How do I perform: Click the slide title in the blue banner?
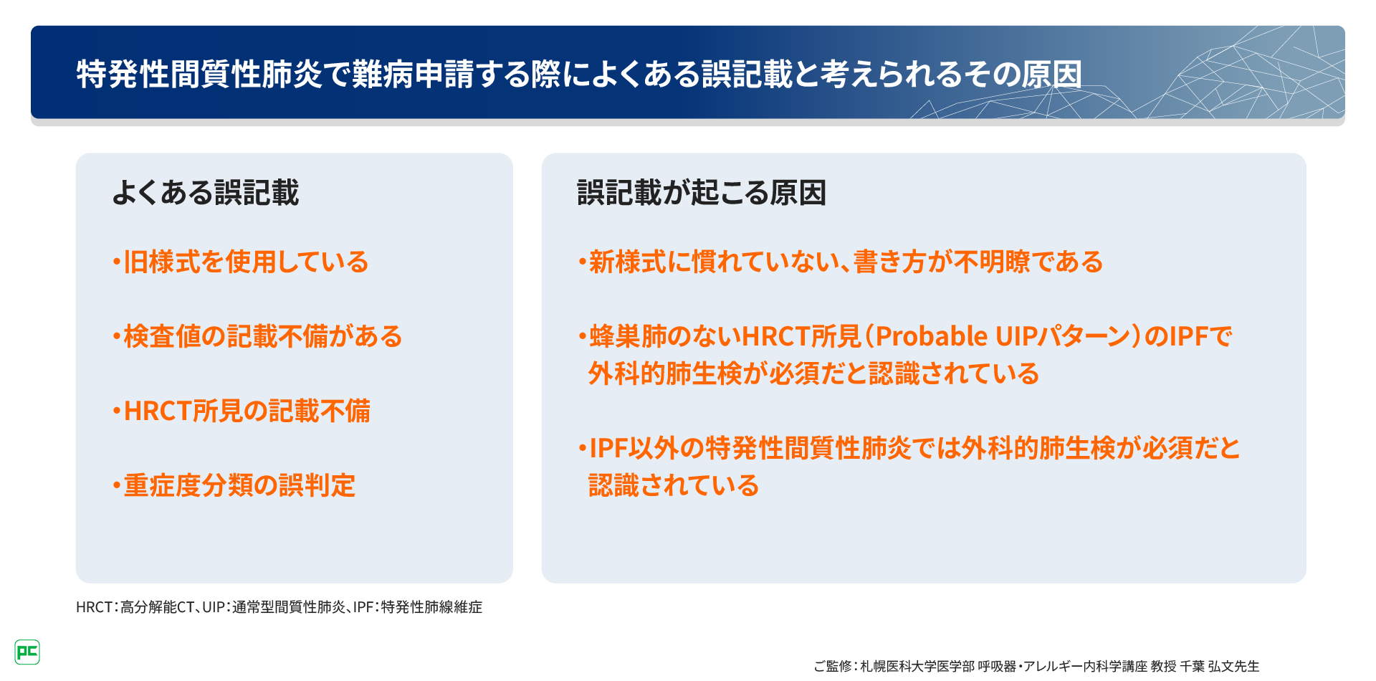(x=579, y=74)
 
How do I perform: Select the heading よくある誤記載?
(x=206, y=193)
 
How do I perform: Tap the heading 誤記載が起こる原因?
(x=702, y=193)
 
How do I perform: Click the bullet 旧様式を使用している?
(x=240, y=262)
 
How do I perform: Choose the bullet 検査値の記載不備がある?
(x=257, y=337)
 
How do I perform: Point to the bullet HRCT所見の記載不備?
(x=242, y=411)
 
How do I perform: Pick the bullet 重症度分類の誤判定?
(x=234, y=486)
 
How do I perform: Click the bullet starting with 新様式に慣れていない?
(x=841, y=262)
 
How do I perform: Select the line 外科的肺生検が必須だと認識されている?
(x=813, y=374)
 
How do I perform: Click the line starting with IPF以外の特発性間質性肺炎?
(x=909, y=449)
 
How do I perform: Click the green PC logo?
(x=27, y=652)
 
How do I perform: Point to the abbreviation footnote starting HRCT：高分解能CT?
(x=279, y=607)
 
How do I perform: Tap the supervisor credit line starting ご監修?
(x=1036, y=666)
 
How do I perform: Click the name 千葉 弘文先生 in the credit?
(x=1220, y=666)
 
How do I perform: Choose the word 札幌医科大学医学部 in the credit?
(x=917, y=666)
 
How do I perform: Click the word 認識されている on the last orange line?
(x=674, y=486)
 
